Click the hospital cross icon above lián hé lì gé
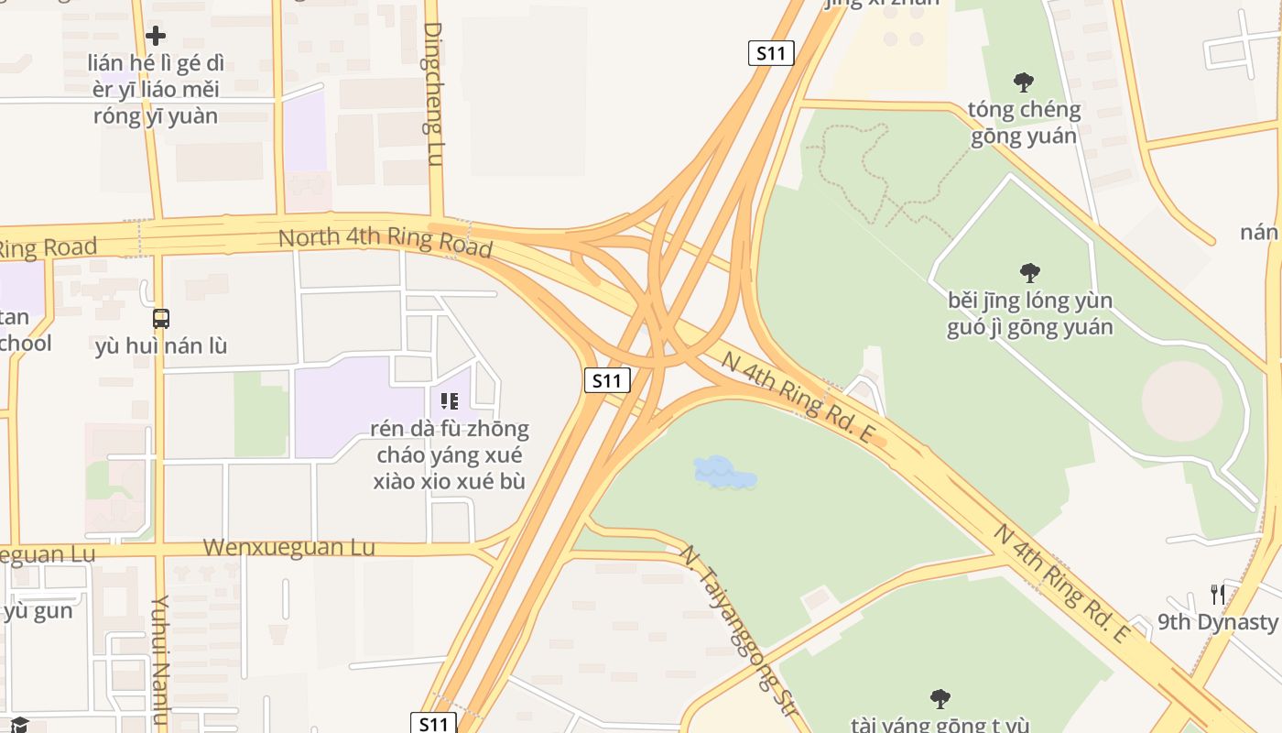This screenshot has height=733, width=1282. [156, 36]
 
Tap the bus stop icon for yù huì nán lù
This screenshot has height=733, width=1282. [161, 319]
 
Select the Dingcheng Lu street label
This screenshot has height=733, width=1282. [434, 93]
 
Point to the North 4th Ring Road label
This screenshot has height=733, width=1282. [385, 242]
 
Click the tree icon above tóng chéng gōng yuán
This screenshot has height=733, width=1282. [1024, 82]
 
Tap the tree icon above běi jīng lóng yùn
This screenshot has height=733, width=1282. [1030, 272]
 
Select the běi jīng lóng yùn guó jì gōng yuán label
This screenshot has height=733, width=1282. [1030, 313]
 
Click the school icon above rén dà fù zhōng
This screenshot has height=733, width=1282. [449, 400]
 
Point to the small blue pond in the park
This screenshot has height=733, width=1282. [724, 473]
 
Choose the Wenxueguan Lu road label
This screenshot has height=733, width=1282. [288, 547]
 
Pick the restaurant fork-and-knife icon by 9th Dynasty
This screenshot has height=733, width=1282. [1217, 595]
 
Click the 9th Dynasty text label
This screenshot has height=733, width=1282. [1217, 622]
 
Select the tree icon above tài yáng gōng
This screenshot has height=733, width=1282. [940, 699]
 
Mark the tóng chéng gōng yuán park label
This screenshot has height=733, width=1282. [1024, 123]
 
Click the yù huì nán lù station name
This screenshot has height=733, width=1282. [161, 346]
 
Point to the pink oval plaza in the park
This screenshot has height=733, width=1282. [1181, 400]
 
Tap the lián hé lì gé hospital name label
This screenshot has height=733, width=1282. [156, 90]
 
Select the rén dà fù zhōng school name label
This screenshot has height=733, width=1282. [449, 454]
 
